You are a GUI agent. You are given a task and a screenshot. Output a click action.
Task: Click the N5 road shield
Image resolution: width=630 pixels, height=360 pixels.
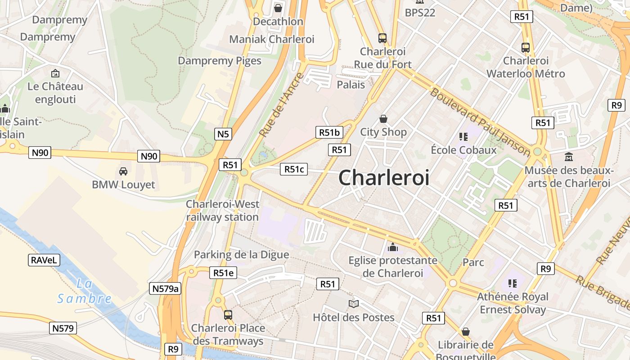(223, 134)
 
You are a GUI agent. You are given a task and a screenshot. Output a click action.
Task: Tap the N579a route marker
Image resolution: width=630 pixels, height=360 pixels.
(165, 288)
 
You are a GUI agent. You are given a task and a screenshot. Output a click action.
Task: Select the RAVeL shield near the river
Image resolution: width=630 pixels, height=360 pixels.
(44, 260)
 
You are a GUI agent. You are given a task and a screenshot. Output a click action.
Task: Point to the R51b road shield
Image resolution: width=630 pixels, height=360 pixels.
(329, 132)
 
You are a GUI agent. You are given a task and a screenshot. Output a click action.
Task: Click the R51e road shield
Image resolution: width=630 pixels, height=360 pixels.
(223, 273)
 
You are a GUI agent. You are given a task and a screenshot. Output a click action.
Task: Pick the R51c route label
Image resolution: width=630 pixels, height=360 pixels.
(294, 169)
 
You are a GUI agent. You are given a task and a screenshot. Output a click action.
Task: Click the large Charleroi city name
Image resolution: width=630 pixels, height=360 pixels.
(383, 178)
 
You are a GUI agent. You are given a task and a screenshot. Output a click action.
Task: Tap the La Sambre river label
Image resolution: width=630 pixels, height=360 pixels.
(84, 291)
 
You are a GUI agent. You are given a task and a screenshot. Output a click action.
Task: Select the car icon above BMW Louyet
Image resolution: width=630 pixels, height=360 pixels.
(123, 171)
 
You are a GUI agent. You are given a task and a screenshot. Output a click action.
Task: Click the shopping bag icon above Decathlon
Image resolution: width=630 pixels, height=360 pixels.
(278, 8)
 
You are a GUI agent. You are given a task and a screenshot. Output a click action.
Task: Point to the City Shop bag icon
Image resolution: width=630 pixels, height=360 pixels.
(383, 119)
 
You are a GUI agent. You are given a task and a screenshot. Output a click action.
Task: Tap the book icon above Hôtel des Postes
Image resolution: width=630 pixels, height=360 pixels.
(354, 304)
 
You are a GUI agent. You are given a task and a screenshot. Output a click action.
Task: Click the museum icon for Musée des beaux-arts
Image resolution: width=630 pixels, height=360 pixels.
(569, 157)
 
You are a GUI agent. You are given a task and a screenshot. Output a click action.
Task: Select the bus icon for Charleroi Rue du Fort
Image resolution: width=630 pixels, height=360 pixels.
(382, 38)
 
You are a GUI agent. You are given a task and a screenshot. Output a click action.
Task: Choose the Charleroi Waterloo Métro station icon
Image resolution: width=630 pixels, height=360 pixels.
(525, 47)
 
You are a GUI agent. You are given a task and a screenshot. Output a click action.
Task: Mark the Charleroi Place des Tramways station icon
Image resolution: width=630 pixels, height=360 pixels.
(228, 315)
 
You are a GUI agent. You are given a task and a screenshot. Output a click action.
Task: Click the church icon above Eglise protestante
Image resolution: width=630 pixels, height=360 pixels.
(393, 247)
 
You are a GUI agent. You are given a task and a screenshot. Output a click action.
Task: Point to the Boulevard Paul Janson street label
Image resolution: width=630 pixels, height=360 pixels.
(480, 121)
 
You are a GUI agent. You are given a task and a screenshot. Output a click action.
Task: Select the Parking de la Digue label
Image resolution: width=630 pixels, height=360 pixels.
(241, 255)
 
